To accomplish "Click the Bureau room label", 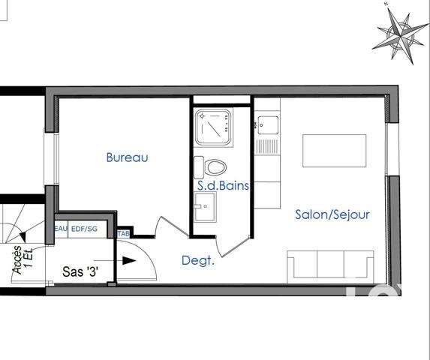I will [127, 157].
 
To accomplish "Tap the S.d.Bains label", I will [223, 185].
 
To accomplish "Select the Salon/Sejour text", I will [332, 214].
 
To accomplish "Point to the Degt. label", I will [198, 260].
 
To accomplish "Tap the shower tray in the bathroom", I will [212, 127].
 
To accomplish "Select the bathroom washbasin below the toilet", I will [205, 206].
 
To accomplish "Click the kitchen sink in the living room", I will [267, 124].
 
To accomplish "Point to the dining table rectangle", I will [334, 151].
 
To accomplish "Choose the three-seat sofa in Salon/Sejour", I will [330, 265].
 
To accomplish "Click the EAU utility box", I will [61, 229].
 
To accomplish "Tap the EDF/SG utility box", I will [83, 229].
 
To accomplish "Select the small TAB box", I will [124, 234].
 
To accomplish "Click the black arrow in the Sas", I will [128, 261].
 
